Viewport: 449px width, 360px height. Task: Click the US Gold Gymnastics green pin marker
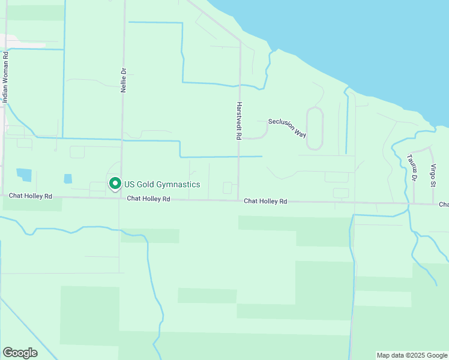pos(114,183)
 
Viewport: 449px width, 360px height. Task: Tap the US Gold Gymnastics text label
pos(162,184)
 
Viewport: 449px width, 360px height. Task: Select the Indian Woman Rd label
pos(5,78)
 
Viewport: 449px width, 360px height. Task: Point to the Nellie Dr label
pos(124,79)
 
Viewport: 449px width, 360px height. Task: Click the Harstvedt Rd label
pos(238,121)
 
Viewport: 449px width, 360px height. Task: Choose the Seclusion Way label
pos(287,127)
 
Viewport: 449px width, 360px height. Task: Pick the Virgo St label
pos(433,175)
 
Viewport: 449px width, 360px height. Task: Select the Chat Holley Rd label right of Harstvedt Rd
pos(265,202)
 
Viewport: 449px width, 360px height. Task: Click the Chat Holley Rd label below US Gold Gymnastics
pos(148,199)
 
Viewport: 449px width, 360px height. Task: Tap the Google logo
pos(20,353)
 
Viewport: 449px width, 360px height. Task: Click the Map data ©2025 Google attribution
pos(412,355)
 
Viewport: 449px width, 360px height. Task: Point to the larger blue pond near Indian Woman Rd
pos(24,175)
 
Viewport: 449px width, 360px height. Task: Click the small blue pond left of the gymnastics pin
pos(68,179)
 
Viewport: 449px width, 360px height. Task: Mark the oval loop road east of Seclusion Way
pos(315,128)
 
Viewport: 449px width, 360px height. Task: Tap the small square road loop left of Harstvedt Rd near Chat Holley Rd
pos(228,188)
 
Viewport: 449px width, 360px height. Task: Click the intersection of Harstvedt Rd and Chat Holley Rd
pos(239,200)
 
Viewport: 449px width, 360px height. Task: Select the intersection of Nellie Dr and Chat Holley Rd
pos(121,198)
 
